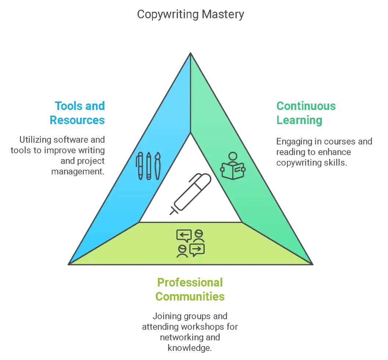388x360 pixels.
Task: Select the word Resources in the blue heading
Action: [78, 121]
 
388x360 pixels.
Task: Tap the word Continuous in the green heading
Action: [306, 106]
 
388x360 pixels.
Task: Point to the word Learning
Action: [299, 121]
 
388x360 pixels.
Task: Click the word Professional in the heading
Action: [190, 282]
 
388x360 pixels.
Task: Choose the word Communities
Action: [190, 296]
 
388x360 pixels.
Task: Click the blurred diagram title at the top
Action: [190, 15]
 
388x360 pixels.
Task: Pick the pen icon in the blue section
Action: [140, 166]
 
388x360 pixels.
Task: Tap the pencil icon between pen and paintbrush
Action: [148, 166]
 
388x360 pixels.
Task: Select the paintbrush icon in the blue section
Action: [157, 166]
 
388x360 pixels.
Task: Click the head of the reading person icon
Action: [233, 156]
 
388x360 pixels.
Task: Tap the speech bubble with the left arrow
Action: [184, 235]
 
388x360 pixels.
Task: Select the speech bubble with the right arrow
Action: [197, 249]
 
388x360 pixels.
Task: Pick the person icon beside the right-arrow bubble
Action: [182, 251]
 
